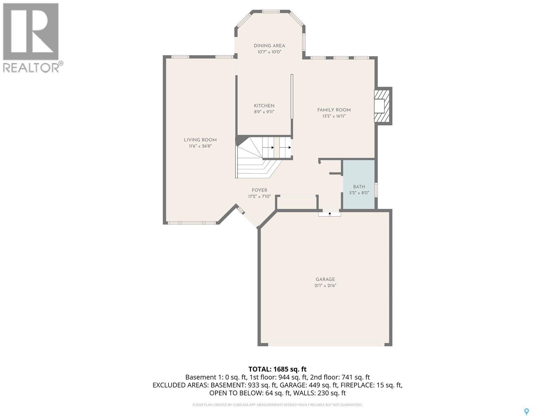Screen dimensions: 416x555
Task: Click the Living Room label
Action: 200,140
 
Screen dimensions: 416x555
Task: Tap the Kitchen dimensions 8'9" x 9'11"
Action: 264,112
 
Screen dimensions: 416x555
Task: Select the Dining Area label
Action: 269,46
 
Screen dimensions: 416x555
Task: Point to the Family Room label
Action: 334,110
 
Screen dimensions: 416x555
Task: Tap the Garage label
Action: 325,279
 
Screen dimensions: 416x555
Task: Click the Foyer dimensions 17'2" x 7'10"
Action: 259,197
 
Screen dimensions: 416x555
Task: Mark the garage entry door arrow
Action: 330,214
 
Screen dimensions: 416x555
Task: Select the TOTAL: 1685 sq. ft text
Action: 277,369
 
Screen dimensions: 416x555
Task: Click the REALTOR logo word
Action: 31,67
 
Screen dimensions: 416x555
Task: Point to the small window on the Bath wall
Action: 376,190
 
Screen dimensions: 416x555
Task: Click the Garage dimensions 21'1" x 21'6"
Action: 325,286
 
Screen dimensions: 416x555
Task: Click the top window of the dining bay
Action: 271,11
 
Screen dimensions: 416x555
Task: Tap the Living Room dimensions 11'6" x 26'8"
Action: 200,146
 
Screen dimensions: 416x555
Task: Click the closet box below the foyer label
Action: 297,202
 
